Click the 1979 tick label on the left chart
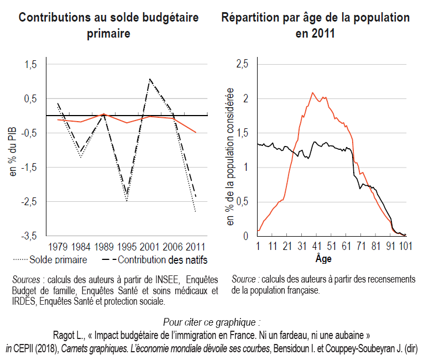pos(58,246)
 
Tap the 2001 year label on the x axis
pos(150,246)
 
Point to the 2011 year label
pos(196,246)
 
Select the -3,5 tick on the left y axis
pos(30,236)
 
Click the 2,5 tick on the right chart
pos(242,65)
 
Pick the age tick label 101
pos(407,246)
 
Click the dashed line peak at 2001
pos(150,79)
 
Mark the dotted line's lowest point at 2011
pos(196,211)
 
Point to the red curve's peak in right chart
pos(313,93)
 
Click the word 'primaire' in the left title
pos(108,33)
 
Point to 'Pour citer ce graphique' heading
pos(212,322)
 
